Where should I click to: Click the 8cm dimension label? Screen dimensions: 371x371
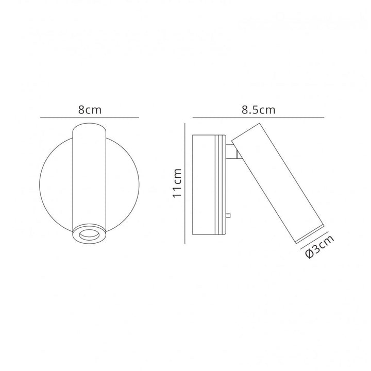point(90,110)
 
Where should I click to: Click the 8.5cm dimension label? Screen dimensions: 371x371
point(258,110)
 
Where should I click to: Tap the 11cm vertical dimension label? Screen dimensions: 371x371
point(177,183)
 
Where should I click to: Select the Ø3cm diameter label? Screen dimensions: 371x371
point(319,246)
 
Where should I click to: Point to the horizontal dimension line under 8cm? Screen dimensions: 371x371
point(90,117)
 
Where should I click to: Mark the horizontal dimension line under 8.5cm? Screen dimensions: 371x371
point(258,117)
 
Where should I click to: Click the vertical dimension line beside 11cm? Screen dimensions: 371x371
point(185,183)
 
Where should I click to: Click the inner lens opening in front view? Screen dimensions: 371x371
point(89,235)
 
